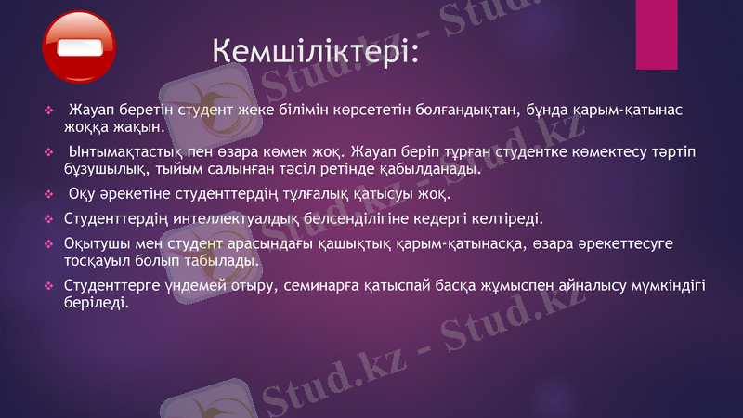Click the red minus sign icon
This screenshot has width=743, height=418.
79,46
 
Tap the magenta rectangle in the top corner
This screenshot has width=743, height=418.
656,34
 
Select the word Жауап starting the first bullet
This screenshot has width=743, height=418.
93,110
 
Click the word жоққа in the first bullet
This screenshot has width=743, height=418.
87,127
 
